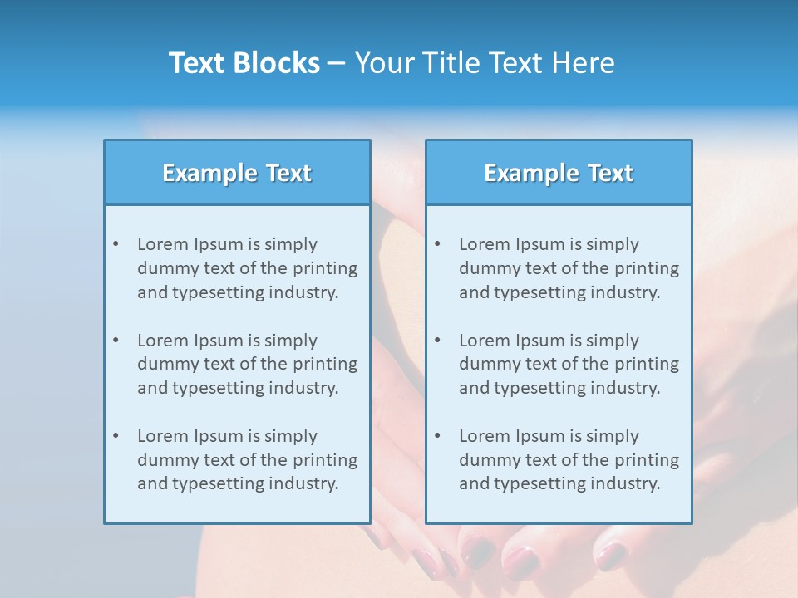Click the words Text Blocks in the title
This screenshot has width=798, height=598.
pos(244,63)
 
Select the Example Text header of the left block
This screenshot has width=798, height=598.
pos(237,173)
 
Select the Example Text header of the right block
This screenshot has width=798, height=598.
pos(559,173)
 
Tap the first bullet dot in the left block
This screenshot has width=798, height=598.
pos(116,244)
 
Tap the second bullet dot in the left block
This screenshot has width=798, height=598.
pos(116,341)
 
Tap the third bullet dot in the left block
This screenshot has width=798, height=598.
pos(116,436)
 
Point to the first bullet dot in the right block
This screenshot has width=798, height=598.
pos(437,244)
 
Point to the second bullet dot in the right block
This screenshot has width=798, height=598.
pos(437,341)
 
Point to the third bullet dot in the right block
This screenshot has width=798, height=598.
pos(437,436)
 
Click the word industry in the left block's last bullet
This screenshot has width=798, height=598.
pos(303,483)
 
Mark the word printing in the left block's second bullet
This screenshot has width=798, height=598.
pos(326,364)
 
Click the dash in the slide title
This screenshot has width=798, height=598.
pos(337,63)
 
